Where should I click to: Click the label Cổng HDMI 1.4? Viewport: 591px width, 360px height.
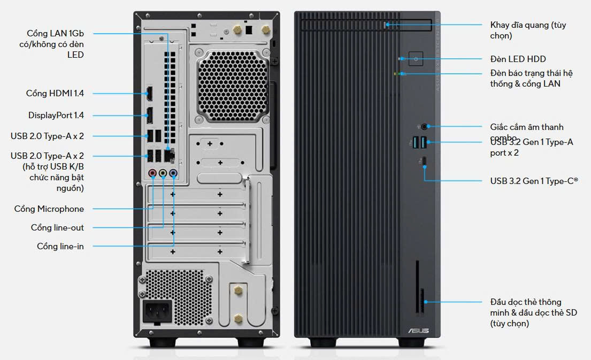point(55,93)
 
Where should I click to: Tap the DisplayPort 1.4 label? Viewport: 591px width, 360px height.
point(56,115)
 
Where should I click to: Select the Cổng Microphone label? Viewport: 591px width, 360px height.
point(49,209)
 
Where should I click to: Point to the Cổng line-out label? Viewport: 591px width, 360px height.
point(57,227)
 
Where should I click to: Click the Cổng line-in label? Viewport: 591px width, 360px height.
point(60,246)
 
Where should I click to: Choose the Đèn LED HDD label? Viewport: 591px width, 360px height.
point(518,59)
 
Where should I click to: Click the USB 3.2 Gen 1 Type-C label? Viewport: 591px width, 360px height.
point(534,181)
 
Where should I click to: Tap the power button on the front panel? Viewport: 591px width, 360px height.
point(416,59)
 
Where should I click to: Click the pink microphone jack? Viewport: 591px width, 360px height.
point(152,173)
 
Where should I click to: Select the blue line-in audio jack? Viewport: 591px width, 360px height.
point(173,173)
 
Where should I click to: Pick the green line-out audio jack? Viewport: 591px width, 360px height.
point(163,173)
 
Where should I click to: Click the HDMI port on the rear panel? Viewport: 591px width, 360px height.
point(150,94)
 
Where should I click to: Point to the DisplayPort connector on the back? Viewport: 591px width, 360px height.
point(150,114)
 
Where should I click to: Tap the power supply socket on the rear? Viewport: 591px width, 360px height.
point(156,310)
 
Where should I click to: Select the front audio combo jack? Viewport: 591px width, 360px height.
point(425,127)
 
